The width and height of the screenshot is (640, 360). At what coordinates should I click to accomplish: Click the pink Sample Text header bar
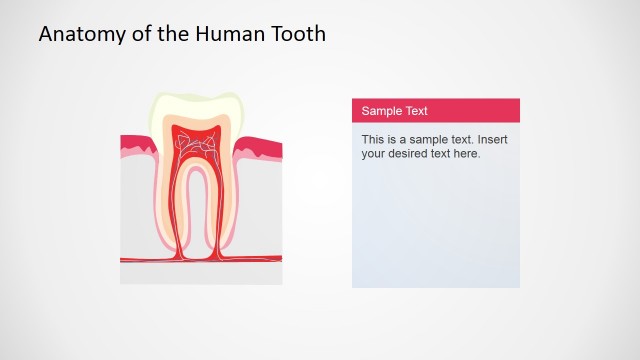[435, 110]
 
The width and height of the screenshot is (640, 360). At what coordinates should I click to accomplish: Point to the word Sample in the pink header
[381, 111]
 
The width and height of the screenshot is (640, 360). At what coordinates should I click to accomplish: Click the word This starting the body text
[373, 140]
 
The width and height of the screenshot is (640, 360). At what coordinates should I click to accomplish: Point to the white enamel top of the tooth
[196, 105]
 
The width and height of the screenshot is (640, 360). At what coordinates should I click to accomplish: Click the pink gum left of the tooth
[135, 147]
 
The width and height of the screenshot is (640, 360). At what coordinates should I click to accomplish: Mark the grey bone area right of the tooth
[262, 205]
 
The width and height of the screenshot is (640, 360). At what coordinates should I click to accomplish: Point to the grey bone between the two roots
[196, 215]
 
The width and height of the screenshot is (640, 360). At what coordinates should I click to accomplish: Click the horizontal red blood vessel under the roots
[140, 260]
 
